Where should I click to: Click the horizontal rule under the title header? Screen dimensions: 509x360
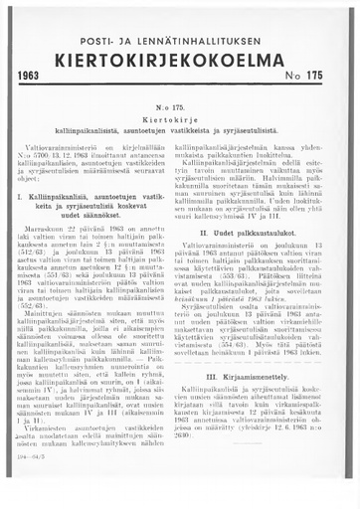[180, 89]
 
